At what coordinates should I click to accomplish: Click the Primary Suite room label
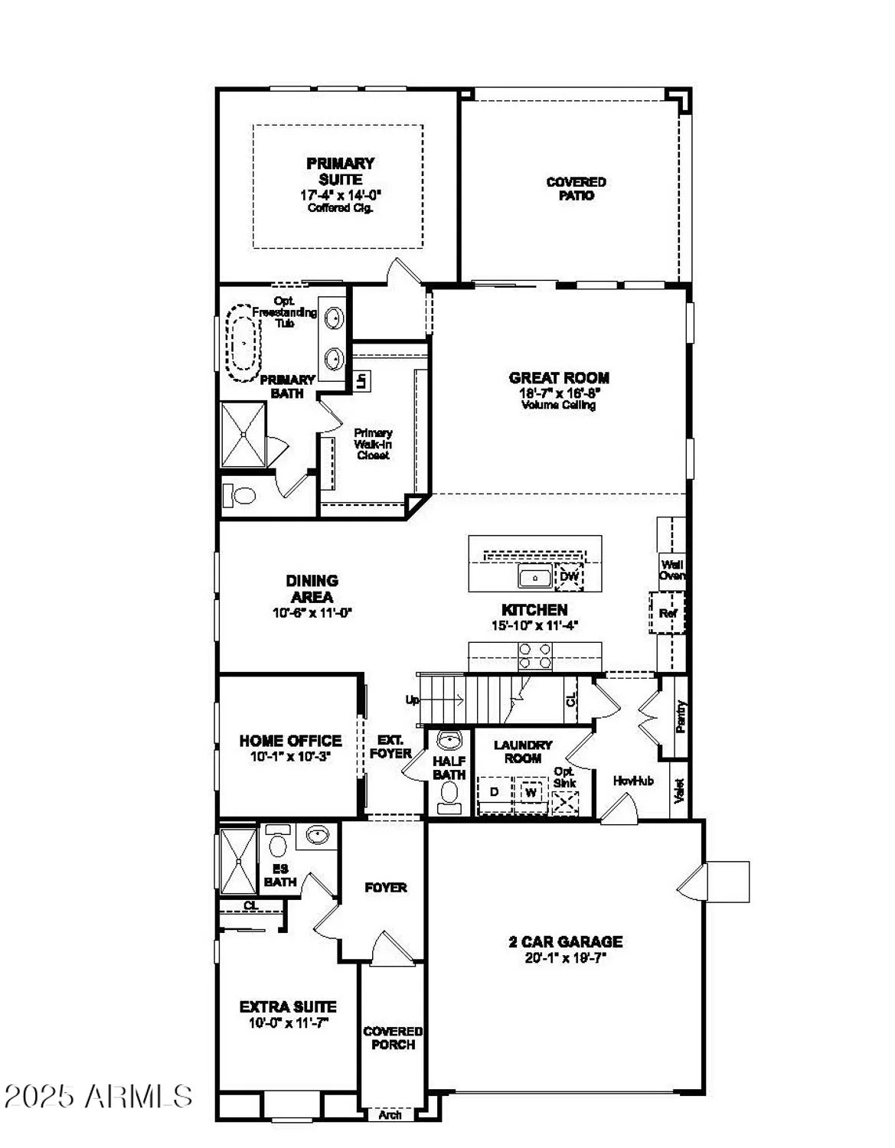click(x=341, y=171)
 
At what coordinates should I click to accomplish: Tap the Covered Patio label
click(x=576, y=188)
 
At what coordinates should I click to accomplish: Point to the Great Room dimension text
click(x=558, y=392)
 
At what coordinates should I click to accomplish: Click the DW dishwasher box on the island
click(x=569, y=576)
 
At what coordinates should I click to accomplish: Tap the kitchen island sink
click(x=534, y=577)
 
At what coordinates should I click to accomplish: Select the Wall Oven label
click(x=672, y=570)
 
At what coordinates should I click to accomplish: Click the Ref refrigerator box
click(x=667, y=613)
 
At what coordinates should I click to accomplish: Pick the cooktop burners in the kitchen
click(x=535, y=656)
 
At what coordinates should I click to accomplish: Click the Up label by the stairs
click(x=412, y=700)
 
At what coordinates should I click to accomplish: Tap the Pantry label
click(x=681, y=717)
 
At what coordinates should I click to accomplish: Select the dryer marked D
click(x=495, y=791)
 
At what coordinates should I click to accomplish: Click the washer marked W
click(x=531, y=792)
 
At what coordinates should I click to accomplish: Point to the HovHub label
click(x=633, y=781)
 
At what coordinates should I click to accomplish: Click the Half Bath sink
click(x=448, y=742)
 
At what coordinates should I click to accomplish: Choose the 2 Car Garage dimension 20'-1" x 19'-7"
click(x=565, y=957)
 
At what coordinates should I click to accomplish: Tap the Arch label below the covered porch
click(x=390, y=1115)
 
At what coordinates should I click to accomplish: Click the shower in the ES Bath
click(x=238, y=861)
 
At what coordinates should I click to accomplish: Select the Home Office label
click(x=290, y=741)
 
